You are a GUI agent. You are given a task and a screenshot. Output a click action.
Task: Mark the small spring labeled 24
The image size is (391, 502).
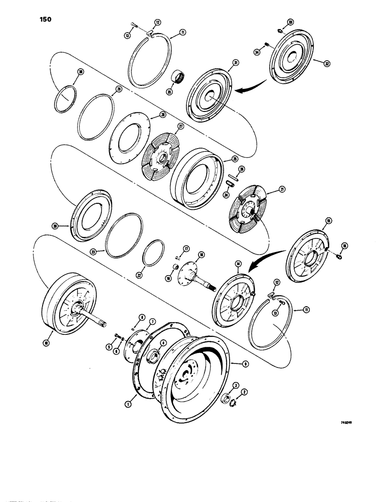[x=228, y=182]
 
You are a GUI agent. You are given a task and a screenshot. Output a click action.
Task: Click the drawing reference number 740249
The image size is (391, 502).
[x=339, y=423]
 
